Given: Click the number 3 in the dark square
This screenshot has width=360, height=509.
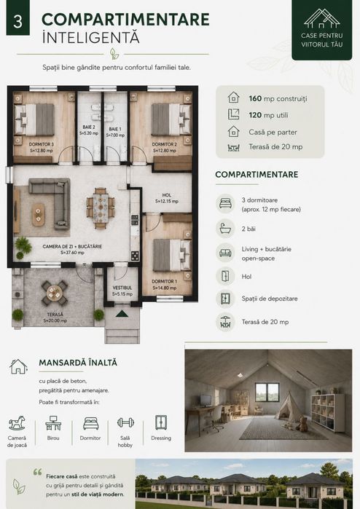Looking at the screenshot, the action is click(18, 21).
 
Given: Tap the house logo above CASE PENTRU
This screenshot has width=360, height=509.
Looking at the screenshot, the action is click(321, 18).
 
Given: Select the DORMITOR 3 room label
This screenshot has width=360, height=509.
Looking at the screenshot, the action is click(42, 144).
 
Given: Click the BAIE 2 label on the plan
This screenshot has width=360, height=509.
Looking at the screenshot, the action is click(89, 127).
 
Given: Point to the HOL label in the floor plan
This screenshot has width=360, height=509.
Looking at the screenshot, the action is click(167, 195).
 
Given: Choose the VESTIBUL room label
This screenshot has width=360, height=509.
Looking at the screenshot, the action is click(122, 288).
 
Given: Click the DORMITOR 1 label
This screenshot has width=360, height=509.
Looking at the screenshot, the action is click(165, 282).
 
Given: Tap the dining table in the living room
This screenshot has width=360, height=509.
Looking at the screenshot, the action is click(101, 208).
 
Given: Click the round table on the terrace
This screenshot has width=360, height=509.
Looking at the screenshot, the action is click(54, 293).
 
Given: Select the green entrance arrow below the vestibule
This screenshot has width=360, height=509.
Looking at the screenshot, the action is click(122, 314).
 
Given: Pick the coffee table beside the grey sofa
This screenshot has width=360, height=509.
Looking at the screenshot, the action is click(39, 214).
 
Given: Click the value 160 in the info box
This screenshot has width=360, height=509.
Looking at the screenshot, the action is click(255, 98).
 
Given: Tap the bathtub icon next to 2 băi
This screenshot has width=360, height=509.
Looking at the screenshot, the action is click(225, 228).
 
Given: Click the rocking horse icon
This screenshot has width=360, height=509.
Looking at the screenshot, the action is click(17, 423).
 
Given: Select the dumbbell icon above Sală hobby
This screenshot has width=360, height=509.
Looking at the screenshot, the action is click(125, 422).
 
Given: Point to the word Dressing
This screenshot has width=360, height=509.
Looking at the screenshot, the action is click(161, 438).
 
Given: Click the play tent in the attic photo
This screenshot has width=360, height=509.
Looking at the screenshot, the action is click(289, 406).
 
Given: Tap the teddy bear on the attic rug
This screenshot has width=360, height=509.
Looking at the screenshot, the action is click(303, 424).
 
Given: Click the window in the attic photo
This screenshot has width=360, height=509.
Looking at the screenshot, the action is click(267, 392).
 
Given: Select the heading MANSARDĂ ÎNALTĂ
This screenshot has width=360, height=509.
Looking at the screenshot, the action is click(78, 363).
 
